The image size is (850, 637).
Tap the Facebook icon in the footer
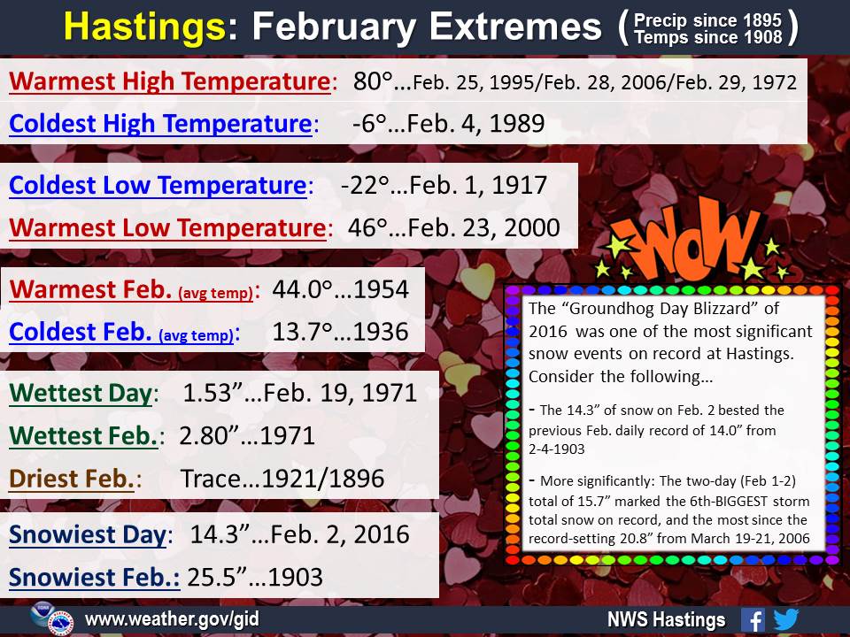click(753, 619)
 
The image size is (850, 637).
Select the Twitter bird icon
click(786, 619)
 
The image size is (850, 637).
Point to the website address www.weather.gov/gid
click(172, 619)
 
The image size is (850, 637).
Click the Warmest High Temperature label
click(170, 81)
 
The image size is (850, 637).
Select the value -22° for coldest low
click(365, 185)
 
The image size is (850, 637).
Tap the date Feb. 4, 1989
click(475, 124)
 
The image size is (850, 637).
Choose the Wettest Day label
click(81, 394)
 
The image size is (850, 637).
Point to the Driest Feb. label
click(71, 479)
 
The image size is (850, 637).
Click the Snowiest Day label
click(88, 535)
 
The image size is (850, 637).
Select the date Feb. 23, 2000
click(483, 227)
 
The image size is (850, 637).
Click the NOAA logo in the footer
click(42, 614)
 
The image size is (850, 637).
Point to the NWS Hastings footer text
click(666, 619)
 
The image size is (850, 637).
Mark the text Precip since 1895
click(707, 20)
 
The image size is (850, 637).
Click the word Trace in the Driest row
click(210, 479)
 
